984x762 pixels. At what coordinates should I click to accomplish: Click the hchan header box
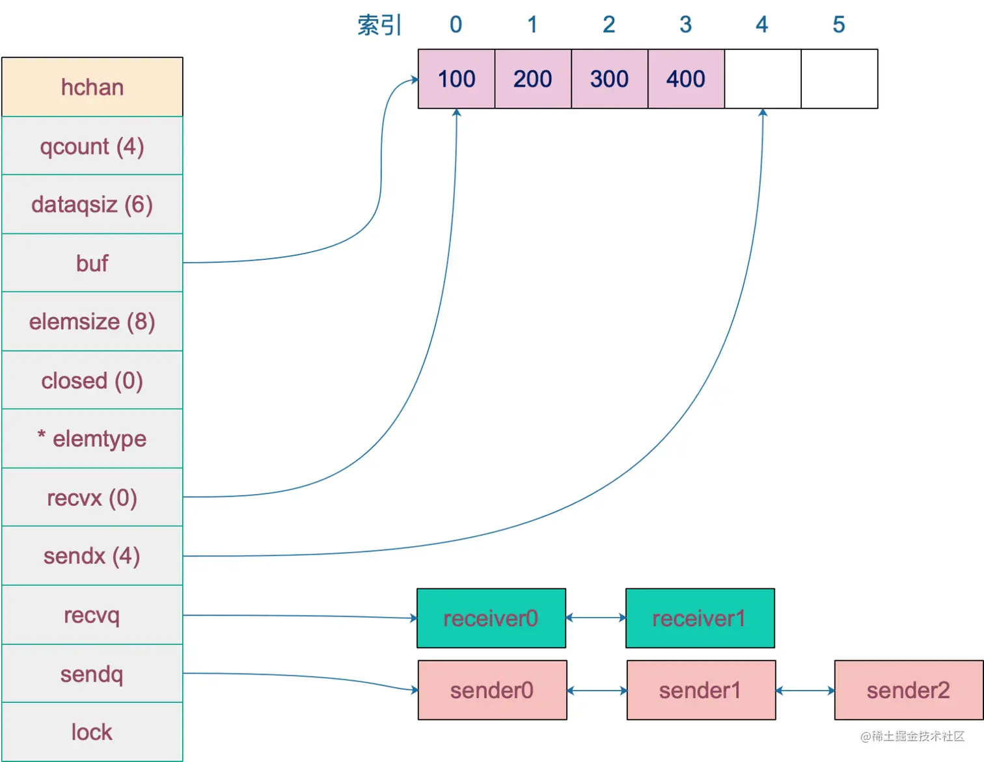click(x=92, y=87)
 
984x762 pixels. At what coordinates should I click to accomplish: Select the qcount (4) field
click(x=92, y=146)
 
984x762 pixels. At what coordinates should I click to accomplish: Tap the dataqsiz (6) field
click(x=92, y=205)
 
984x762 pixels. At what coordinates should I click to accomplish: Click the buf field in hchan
click(x=92, y=263)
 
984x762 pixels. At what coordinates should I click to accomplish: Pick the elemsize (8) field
click(x=92, y=322)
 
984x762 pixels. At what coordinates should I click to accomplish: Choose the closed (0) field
click(x=92, y=380)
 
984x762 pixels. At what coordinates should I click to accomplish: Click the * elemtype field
click(x=92, y=439)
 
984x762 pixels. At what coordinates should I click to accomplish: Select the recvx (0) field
click(x=92, y=497)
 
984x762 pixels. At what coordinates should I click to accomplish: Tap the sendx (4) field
click(x=92, y=556)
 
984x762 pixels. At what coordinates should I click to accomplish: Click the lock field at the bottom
click(x=92, y=732)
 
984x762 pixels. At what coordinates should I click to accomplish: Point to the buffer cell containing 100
click(x=456, y=79)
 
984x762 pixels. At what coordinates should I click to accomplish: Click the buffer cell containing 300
click(x=609, y=79)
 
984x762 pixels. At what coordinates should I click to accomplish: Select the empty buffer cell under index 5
click(x=839, y=79)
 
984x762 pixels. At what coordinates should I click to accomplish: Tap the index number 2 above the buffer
click(x=608, y=25)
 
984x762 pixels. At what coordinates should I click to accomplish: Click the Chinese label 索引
click(x=379, y=25)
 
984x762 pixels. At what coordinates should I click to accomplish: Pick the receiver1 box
click(x=700, y=618)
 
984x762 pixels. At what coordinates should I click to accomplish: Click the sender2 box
click(x=908, y=690)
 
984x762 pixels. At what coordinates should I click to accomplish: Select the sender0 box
click(x=492, y=690)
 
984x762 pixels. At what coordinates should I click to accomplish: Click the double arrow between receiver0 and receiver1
click(x=595, y=618)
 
